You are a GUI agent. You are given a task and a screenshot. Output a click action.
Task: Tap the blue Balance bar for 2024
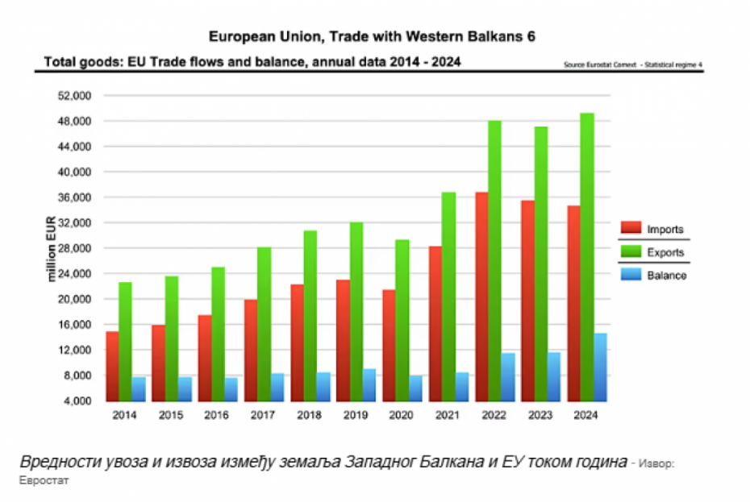(x=601, y=367)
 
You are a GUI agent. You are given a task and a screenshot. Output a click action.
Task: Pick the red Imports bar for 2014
(x=112, y=366)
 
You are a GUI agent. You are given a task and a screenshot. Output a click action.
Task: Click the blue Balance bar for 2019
(x=369, y=384)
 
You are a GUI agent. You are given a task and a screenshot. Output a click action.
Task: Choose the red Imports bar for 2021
(x=435, y=323)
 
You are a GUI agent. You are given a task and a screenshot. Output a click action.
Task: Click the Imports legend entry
(x=654, y=230)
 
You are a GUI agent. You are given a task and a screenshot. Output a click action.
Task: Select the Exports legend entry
(x=654, y=252)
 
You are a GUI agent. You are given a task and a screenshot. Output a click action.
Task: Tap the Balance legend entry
(x=654, y=275)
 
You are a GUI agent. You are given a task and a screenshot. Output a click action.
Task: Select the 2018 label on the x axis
(x=310, y=415)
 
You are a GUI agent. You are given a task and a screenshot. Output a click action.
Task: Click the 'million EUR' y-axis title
(x=52, y=247)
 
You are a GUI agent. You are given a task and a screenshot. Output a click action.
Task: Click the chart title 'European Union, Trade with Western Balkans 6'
(x=372, y=36)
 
